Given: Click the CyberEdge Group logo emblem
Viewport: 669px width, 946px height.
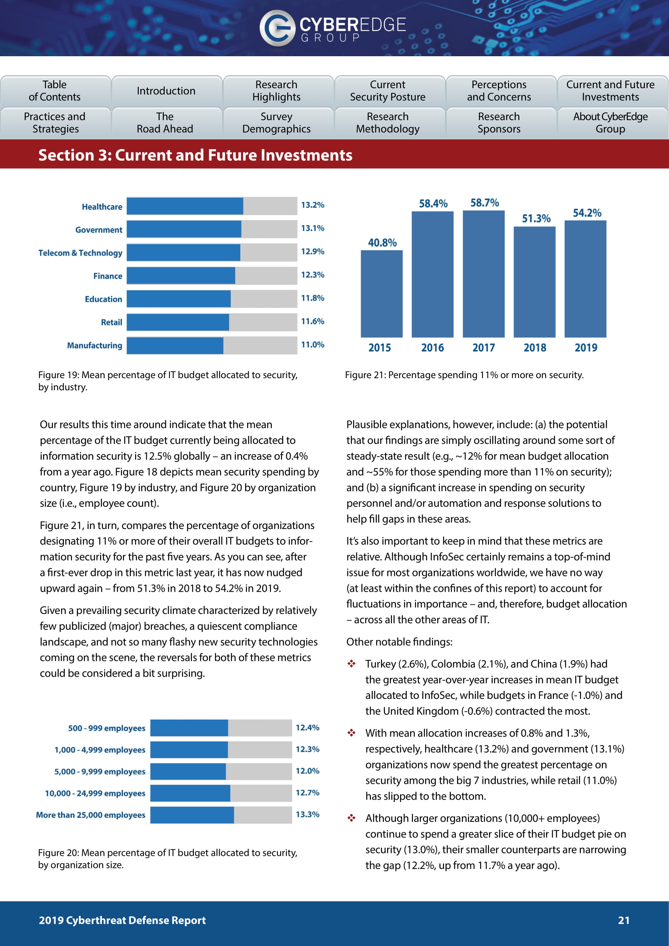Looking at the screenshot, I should pos(277,28).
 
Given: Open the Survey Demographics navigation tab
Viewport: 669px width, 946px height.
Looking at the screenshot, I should pos(276,123).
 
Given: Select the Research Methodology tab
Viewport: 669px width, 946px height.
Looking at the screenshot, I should pos(387,123).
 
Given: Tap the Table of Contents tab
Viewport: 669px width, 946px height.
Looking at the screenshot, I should pos(55,91).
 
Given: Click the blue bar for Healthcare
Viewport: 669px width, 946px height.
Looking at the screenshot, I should pos(184,206).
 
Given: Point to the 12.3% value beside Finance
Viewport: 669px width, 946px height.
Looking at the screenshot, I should pos(312,275).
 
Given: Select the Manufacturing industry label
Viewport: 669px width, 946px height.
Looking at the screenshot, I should pos(94,345).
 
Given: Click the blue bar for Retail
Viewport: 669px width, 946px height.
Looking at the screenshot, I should pos(178,322).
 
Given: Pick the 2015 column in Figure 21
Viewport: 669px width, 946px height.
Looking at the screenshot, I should pos(381,294).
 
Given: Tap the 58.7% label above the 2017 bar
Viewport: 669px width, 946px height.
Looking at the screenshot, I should pos(485,203).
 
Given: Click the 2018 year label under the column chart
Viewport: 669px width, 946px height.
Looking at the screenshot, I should pos(535,348).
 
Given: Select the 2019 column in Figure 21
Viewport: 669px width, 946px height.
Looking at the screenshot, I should pos(585,279).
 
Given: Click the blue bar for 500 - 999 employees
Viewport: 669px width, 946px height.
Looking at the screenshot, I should pos(189,728).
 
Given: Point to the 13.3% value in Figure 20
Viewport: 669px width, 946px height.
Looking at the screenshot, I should pos(307,815).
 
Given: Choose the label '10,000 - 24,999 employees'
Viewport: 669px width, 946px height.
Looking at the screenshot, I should pos(95,793).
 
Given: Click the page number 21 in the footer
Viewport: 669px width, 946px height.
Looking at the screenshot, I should pos(624,921).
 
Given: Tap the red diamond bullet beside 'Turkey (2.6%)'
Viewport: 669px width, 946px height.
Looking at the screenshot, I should pos(351,664).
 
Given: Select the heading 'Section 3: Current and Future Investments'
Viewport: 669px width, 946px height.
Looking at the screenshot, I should pos(195,155).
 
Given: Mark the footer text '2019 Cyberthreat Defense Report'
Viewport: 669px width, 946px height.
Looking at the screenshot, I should pos(122,921).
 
